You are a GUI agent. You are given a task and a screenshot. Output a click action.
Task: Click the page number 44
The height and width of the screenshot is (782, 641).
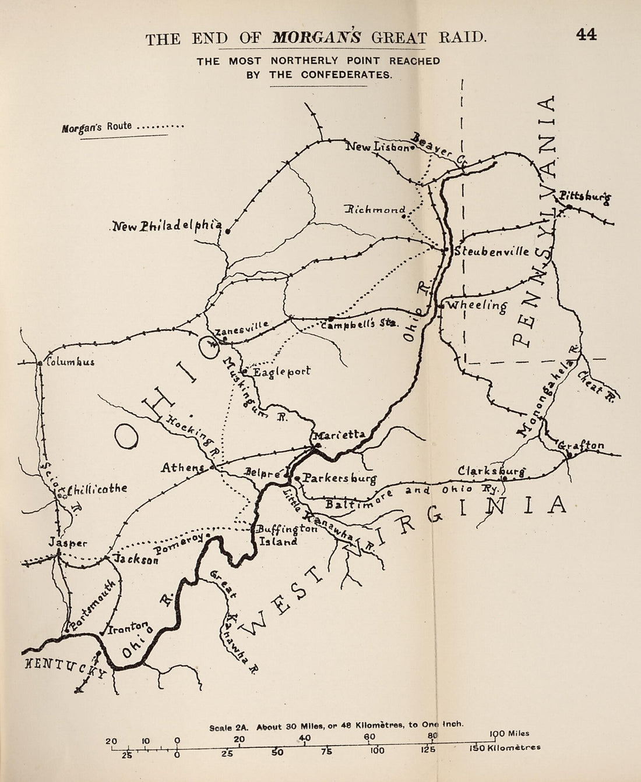click(x=586, y=34)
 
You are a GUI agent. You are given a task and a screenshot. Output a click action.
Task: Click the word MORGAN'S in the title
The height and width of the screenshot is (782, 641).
click(x=316, y=38)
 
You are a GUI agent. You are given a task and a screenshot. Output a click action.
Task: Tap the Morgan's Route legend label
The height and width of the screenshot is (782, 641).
click(x=97, y=126)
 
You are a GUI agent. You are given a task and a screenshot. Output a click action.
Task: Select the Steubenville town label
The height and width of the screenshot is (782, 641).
click(x=492, y=252)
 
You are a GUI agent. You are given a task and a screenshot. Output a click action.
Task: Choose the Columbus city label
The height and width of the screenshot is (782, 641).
click(x=71, y=362)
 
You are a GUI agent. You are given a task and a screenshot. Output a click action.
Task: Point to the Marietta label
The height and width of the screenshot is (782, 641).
click(x=339, y=434)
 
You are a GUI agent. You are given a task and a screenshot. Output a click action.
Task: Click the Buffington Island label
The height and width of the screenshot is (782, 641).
click(x=284, y=535)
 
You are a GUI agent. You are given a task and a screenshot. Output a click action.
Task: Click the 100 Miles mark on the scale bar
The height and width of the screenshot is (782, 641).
click(x=510, y=734)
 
